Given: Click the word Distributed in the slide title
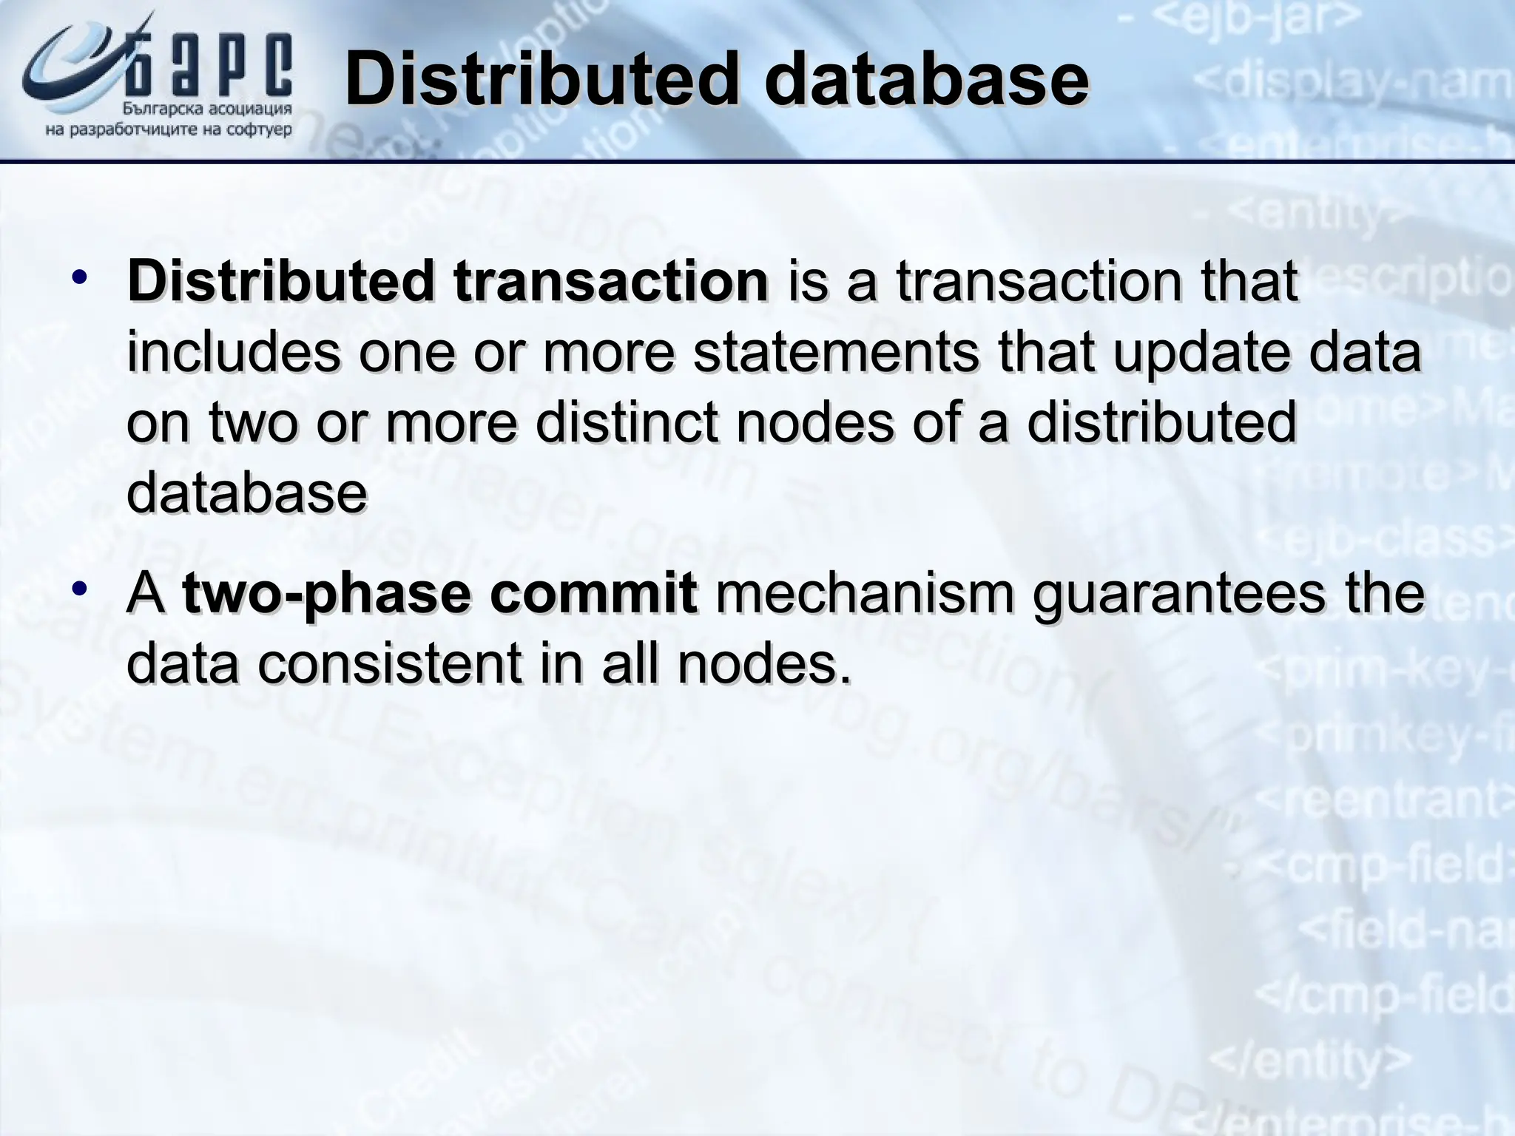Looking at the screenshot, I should click(541, 80).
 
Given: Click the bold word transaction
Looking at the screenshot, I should click(611, 283).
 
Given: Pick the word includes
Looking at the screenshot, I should click(234, 354).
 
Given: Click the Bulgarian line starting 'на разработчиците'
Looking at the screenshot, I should click(169, 131).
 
